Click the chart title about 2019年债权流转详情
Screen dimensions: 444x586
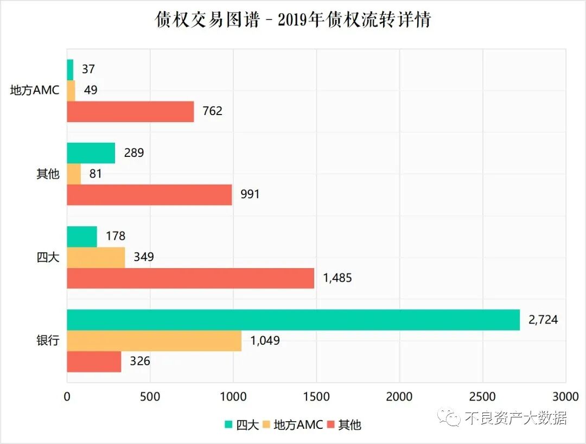(x=293, y=20)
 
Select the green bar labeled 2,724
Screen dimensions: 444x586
(x=293, y=320)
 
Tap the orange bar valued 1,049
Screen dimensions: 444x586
(x=154, y=341)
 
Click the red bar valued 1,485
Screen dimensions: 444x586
(x=190, y=278)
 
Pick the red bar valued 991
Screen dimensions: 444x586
(x=149, y=194)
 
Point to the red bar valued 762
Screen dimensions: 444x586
(x=130, y=111)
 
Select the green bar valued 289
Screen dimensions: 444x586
(x=91, y=153)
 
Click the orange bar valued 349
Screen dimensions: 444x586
(x=96, y=257)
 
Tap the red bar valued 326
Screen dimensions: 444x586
(x=94, y=361)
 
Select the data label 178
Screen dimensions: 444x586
(x=116, y=236)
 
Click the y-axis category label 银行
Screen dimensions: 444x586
(x=48, y=341)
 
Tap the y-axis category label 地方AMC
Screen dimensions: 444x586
(x=35, y=90)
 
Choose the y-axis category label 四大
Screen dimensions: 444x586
(x=48, y=257)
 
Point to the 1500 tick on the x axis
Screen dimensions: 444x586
(x=316, y=397)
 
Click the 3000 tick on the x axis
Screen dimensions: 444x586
(x=565, y=397)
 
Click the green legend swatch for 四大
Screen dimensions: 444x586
(x=228, y=424)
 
